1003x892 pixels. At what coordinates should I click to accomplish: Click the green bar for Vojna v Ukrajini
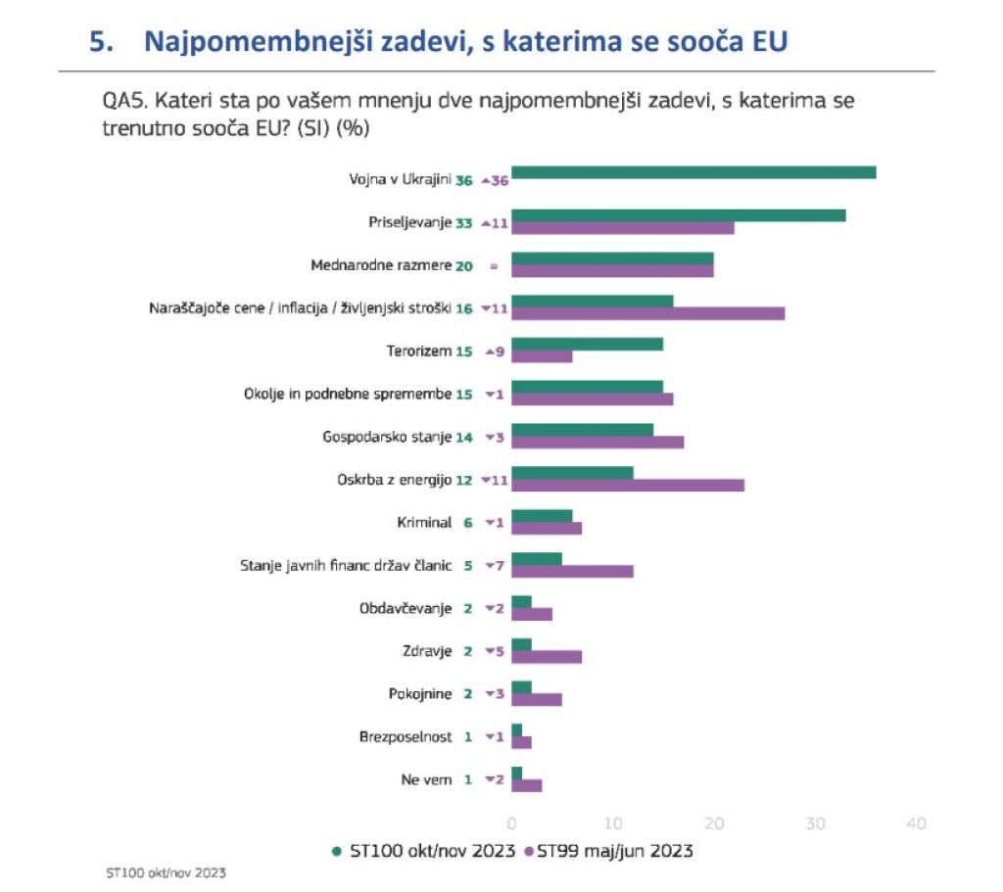pyautogui.click(x=693, y=173)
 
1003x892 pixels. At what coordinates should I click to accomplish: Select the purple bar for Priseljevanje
pyautogui.click(x=623, y=228)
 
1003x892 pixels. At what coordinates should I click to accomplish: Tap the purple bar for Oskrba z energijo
pyautogui.click(x=628, y=485)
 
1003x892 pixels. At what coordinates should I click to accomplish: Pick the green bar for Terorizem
pyautogui.click(x=587, y=344)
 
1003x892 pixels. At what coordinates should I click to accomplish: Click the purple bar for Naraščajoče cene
pyautogui.click(x=647, y=313)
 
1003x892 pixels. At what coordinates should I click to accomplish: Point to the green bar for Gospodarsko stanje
pyautogui.click(x=582, y=429)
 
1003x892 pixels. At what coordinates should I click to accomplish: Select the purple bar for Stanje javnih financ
pyautogui.click(x=572, y=571)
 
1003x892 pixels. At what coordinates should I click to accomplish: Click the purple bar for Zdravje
pyautogui.click(x=547, y=656)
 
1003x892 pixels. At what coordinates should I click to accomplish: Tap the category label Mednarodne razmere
pyautogui.click(x=381, y=265)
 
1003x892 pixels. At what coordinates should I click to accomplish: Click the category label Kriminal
pyautogui.click(x=424, y=522)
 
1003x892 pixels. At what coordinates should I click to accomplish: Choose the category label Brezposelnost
pyautogui.click(x=406, y=736)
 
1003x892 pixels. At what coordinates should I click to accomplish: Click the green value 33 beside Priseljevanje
pyautogui.click(x=464, y=223)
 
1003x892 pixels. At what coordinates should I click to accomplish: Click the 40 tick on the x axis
pyautogui.click(x=916, y=823)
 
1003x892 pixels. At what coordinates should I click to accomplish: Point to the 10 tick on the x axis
pyautogui.click(x=612, y=823)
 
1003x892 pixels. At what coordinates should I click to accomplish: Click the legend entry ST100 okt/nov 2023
pyautogui.click(x=423, y=851)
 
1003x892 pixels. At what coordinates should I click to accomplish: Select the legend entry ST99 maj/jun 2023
pyautogui.click(x=609, y=851)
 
